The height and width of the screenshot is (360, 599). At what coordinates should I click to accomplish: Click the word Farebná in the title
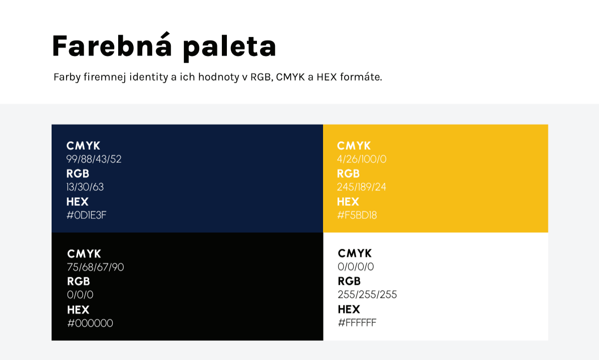point(112,46)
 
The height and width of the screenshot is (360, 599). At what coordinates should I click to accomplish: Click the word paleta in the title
point(229,48)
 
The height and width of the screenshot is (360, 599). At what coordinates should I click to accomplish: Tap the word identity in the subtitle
point(149,77)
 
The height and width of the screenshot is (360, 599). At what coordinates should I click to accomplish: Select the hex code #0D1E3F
point(86,215)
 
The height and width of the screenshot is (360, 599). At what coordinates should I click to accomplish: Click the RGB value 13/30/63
point(85,187)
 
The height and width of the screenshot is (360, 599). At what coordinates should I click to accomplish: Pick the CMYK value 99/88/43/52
point(94,159)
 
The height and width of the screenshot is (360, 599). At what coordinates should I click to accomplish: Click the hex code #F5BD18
point(357,215)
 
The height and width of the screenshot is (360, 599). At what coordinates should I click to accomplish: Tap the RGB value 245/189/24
point(362,187)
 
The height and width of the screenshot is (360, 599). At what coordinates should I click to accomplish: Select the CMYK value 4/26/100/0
point(362,159)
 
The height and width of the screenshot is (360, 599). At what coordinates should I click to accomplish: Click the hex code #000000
point(90,323)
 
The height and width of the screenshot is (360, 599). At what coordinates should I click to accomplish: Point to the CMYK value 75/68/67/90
point(96,267)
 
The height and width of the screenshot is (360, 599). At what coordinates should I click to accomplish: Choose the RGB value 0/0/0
point(80,295)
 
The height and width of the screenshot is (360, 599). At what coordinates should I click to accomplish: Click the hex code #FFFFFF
point(357,323)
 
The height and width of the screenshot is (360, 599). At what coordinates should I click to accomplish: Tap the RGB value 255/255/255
point(368,295)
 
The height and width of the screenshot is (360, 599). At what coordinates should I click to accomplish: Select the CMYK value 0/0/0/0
point(356,266)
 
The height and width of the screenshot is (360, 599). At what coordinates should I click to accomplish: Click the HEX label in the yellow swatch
point(348,202)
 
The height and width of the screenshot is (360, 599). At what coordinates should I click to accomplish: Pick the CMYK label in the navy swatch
point(83,146)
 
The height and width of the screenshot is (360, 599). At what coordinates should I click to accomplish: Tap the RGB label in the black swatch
point(79,281)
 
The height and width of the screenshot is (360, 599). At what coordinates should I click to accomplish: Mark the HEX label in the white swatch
point(349,309)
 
